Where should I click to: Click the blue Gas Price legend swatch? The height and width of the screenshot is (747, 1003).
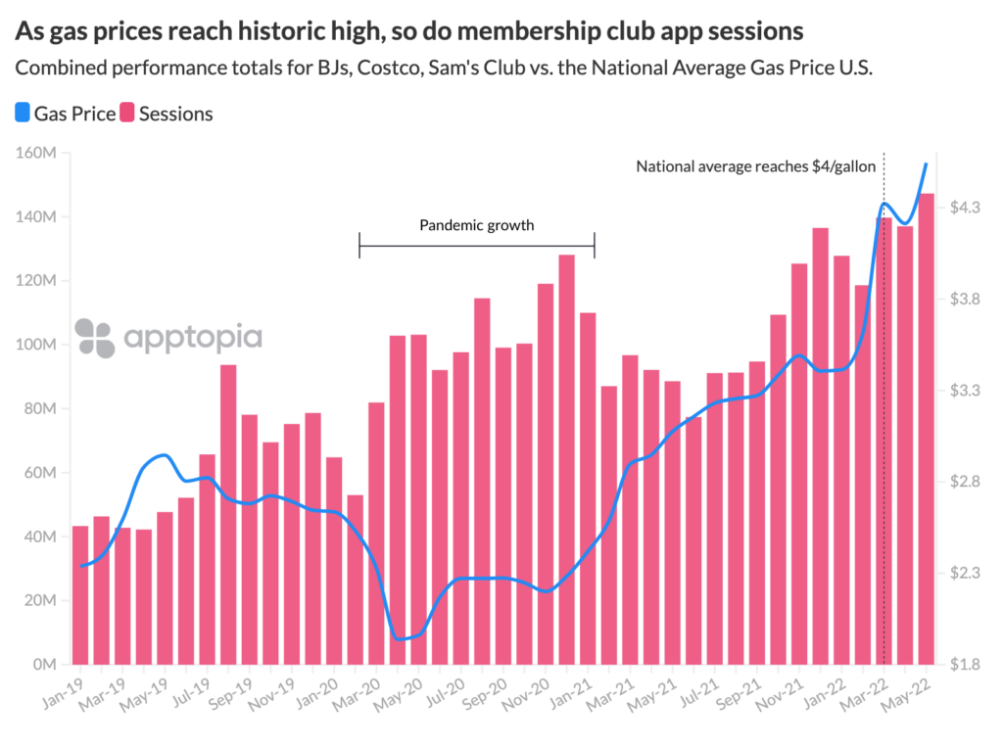coord(23,114)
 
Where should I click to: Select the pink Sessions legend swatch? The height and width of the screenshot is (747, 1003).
coord(127,114)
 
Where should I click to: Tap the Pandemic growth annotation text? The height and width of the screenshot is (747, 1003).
coord(477,225)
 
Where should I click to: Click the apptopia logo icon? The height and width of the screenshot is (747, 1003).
coord(95,338)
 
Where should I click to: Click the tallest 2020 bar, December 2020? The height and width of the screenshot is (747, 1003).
coord(566,459)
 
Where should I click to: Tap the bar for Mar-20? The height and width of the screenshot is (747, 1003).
coord(376,534)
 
